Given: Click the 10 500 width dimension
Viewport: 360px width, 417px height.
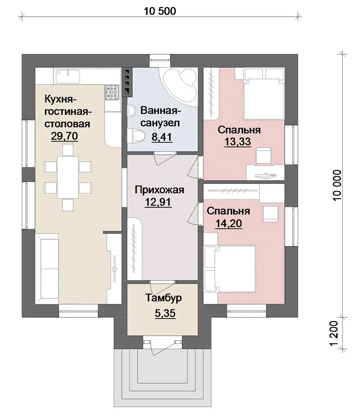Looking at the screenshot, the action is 160,11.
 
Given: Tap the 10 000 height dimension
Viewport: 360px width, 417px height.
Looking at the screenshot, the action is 337,185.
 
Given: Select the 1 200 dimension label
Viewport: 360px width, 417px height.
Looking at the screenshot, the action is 334,333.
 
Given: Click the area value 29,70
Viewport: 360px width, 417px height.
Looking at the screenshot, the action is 64,136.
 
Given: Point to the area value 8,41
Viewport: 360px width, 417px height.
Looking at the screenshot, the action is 162,137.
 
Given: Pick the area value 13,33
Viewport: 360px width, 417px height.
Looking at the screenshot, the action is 237,142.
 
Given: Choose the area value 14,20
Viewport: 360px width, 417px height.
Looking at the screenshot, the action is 228,224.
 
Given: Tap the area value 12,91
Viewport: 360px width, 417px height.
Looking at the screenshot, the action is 158,202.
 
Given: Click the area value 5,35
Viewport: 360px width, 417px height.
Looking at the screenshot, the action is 165,313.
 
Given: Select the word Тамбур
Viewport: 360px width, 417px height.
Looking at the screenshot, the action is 163,298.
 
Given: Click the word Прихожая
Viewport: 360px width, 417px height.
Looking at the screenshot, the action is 160,190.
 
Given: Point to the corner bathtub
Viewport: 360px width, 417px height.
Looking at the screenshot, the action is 180,85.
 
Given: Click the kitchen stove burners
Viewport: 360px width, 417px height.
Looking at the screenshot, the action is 112,92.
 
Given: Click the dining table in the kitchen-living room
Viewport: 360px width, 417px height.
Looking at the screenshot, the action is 68,177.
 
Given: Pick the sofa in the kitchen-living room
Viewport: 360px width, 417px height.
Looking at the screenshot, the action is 47,269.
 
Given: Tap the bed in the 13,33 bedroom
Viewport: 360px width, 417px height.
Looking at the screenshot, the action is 264,97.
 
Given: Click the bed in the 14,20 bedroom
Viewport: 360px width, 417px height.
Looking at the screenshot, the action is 230,269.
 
